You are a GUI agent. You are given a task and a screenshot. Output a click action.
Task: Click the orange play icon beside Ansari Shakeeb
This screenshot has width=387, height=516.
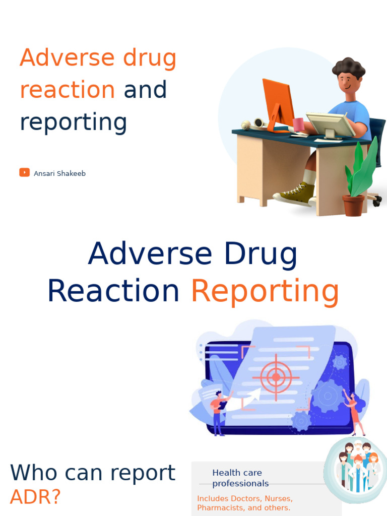point(24,173)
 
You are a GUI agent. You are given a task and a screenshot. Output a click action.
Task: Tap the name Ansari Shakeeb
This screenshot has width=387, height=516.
point(59,173)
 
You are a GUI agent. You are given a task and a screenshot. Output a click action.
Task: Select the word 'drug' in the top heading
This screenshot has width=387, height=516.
point(150,58)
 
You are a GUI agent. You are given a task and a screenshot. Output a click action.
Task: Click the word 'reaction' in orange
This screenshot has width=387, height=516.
point(67,90)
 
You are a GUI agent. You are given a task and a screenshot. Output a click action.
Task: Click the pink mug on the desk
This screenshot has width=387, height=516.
point(299,124)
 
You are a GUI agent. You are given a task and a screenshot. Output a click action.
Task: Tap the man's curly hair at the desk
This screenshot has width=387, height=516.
point(348,67)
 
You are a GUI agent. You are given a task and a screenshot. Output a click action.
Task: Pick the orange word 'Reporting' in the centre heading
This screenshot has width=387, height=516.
point(265,291)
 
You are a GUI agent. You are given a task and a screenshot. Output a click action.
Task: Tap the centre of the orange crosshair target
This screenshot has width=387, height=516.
point(276,376)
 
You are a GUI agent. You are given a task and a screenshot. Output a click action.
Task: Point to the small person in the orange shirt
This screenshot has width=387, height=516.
point(218,411)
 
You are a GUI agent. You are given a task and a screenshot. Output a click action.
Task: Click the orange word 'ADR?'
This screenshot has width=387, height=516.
point(35,497)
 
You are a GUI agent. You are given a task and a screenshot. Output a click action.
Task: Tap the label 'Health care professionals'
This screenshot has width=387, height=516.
point(240,478)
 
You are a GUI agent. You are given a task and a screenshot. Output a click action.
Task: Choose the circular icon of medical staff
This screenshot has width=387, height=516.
point(355,468)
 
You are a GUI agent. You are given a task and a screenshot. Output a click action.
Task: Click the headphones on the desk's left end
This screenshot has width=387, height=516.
point(254,123)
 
